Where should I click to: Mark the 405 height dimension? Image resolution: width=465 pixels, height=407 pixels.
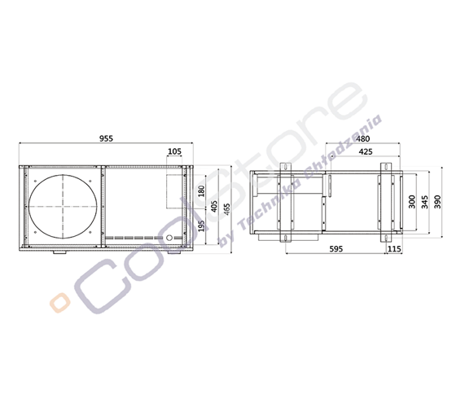click(x=213, y=207)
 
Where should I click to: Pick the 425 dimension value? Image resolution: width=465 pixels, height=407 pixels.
click(x=366, y=151)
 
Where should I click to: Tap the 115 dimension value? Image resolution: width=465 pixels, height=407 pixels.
click(x=395, y=250)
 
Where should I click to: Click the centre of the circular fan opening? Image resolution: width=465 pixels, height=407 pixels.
click(x=61, y=206)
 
